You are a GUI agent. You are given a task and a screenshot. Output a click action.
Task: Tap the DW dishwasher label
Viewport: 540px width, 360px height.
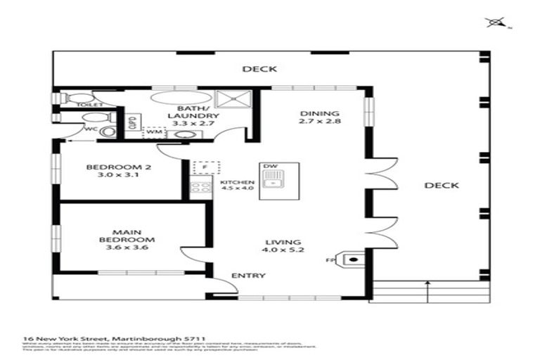coord(269,167)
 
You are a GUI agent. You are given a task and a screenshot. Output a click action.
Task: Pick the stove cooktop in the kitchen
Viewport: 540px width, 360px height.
coord(201,187)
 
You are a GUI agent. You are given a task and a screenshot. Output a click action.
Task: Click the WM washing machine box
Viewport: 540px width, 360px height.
coord(155,131)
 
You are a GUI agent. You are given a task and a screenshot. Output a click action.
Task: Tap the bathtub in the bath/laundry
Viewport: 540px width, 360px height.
coord(176,98)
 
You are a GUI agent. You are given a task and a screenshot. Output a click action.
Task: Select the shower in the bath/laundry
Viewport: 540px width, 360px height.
coord(228,98)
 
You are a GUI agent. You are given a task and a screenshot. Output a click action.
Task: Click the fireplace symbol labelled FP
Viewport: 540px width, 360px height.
coord(354,260)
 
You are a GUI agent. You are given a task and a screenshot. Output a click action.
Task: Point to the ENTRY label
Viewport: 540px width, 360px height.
coord(248,276)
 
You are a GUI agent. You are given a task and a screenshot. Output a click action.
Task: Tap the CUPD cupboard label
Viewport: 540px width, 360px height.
coord(131,123)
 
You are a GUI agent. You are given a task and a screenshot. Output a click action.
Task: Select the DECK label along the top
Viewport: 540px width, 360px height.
coord(259,69)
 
